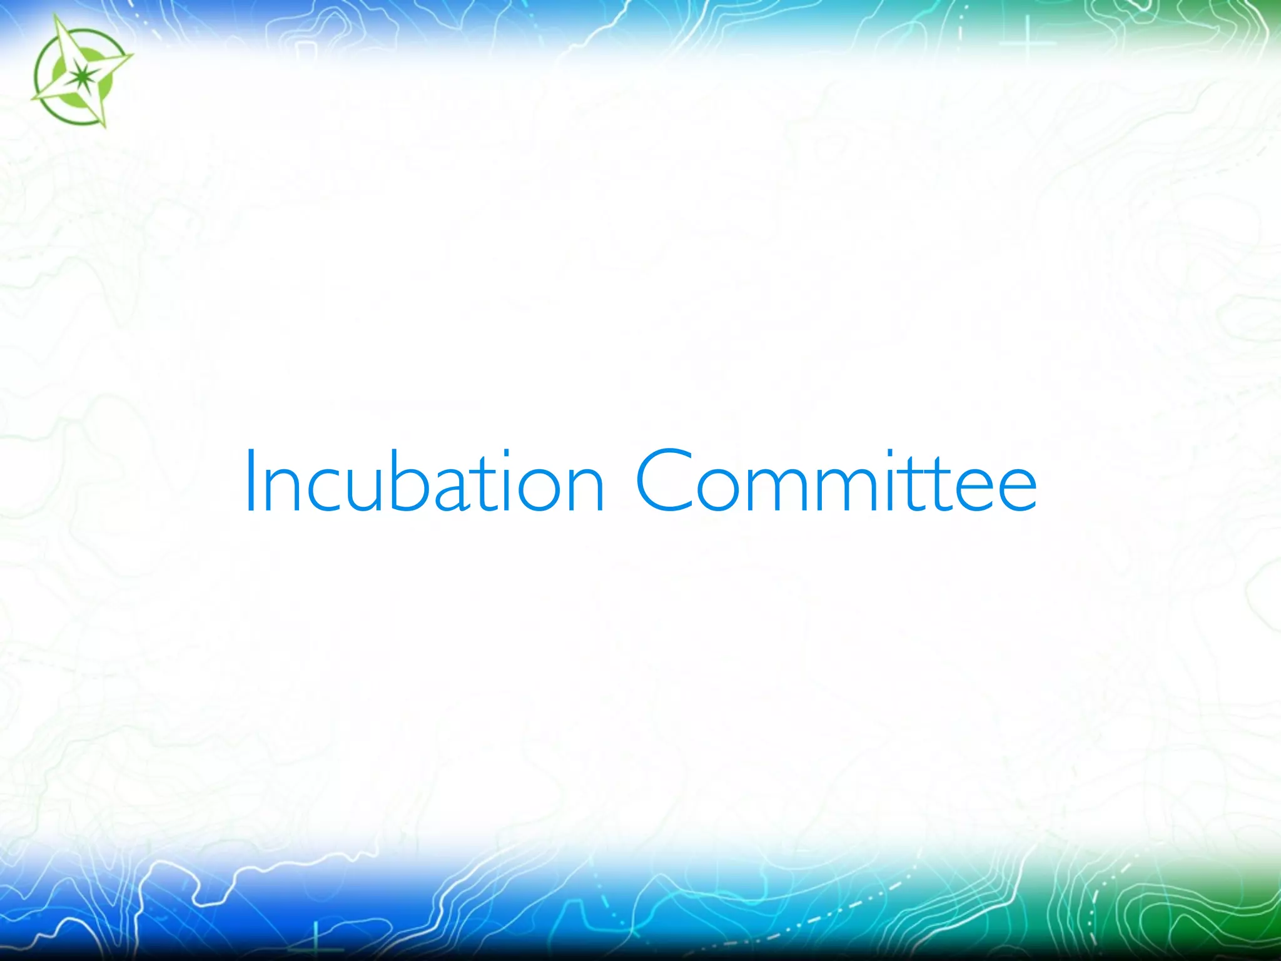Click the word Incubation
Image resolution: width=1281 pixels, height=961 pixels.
click(424, 482)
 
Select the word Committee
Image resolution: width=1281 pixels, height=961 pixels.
click(836, 482)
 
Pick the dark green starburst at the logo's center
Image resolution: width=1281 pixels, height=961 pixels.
click(79, 76)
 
